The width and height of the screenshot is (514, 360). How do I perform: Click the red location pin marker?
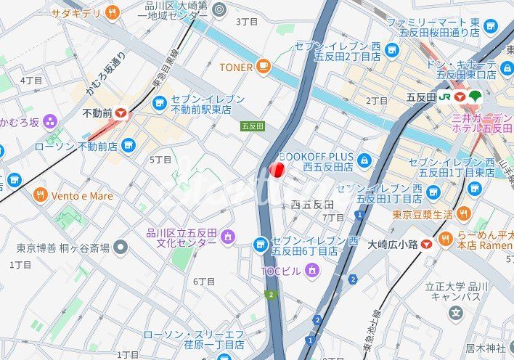(276, 170)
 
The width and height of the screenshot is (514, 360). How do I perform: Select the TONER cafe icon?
(263, 67)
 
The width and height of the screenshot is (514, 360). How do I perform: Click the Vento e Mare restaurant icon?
(40, 195)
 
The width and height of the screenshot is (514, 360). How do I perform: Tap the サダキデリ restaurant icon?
(112, 12)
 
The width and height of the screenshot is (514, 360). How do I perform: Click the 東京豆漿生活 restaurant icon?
(465, 214)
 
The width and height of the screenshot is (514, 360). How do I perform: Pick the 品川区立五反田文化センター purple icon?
(228, 237)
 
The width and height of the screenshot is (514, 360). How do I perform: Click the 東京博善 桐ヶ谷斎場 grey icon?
(121, 247)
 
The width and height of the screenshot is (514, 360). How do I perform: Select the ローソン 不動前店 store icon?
(128, 146)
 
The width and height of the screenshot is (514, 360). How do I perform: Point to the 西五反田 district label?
(312, 205)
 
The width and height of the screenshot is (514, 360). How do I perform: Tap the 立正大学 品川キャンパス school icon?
(456, 314)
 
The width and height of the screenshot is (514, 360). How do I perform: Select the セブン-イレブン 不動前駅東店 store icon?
(160, 105)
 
